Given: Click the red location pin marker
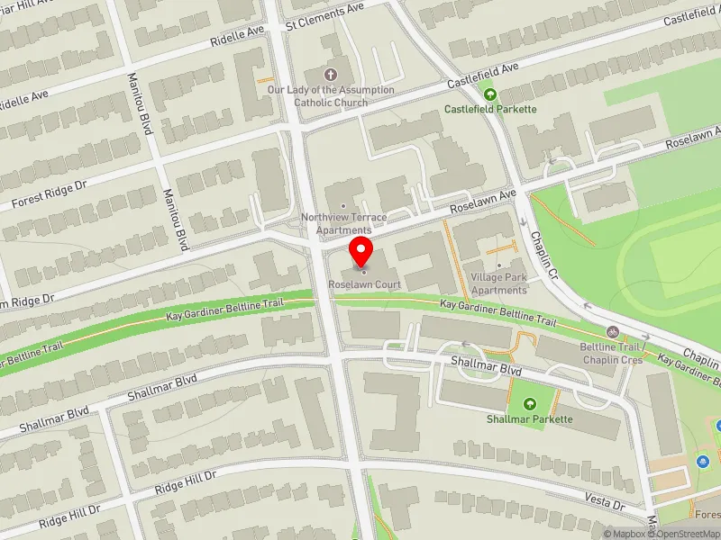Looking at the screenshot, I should coord(361,251).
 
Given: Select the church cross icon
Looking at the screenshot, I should coord(331,74).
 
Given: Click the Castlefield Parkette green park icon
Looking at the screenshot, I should coord(490,94).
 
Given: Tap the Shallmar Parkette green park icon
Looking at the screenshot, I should coord(529,404).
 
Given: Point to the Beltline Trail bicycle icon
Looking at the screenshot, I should coord(612,332).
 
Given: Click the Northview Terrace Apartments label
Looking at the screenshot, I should coord(343,224).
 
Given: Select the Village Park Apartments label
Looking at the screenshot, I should coord(498,284).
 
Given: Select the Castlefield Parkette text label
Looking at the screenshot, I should coord(490,109).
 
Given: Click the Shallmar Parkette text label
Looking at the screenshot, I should coord(529,419).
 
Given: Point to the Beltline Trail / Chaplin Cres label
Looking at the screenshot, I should coord(611,353).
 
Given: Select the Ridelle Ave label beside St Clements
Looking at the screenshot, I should coord(237,35).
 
